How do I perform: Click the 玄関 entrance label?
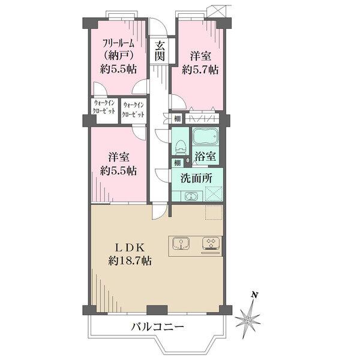pyautogui.click(x=160, y=50)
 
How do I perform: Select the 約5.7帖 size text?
pyautogui.click(x=201, y=70)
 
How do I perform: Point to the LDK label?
pyautogui.click(x=130, y=247)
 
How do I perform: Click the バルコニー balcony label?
pyautogui.click(x=156, y=328)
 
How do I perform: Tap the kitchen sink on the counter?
pyautogui.click(x=182, y=244)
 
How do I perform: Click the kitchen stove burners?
pyautogui.click(x=211, y=243)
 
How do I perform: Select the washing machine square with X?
pyautogui.click(x=214, y=193)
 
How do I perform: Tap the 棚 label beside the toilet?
pyautogui.click(x=177, y=163)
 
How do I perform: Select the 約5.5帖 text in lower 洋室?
pyautogui.click(x=122, y=170)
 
